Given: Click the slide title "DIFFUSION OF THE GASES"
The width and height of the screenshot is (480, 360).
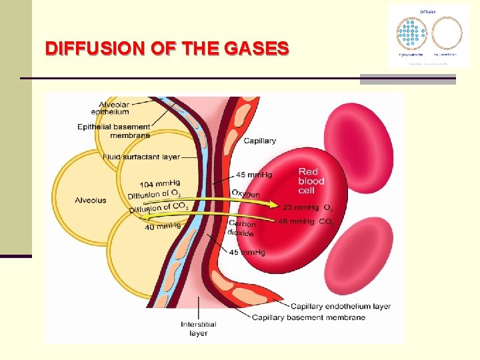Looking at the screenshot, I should point(167,49).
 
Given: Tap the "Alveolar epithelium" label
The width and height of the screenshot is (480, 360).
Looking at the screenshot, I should point(114,108).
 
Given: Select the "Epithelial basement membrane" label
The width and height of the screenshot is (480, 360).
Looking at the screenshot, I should point(113,131).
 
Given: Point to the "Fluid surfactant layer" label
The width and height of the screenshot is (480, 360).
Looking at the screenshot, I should point(141,157).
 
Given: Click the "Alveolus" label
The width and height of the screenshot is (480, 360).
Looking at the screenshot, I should point(90,200).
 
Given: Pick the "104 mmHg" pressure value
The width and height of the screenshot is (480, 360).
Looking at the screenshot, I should point(160,184).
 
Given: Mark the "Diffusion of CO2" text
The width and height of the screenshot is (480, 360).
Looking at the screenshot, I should point(159,209).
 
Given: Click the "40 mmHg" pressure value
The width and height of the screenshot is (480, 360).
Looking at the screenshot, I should point(163,227).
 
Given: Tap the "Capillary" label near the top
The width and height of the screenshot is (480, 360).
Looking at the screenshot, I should point(259,141).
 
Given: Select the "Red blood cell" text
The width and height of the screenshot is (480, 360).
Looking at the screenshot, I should point(311,181).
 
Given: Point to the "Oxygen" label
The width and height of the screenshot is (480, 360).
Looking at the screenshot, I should point(245,193).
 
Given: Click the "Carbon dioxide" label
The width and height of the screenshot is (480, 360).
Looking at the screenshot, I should point(241,229).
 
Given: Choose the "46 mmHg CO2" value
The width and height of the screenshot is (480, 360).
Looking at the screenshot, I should point(306,221).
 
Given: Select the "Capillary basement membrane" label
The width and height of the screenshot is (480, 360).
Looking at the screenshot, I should point(309,317).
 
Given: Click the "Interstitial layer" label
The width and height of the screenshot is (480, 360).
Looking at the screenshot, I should point(198,329).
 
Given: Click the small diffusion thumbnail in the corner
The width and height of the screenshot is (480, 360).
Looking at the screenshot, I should point(429,35).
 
